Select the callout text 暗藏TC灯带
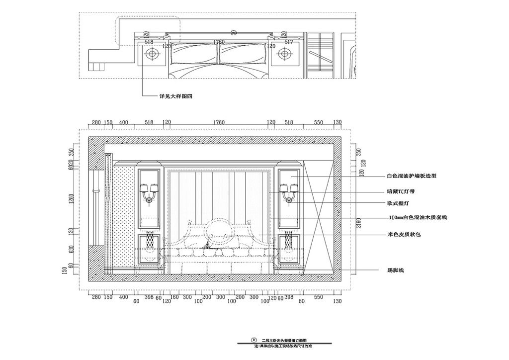pos(403,190)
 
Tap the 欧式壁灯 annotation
pos(398,203)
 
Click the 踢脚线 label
pos(396,270)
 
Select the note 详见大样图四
pos(175,97)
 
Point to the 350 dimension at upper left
pos(71,152)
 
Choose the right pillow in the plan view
pos(243,54)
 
